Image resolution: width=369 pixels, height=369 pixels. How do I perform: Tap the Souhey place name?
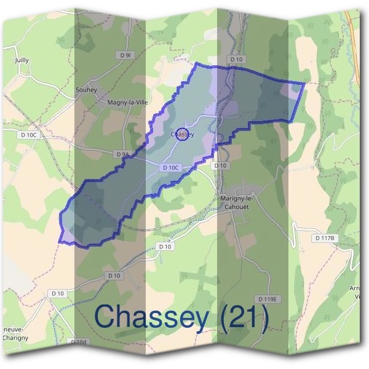tap(86, 90)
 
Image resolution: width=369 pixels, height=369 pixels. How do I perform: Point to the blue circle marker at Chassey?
tap(181, 134)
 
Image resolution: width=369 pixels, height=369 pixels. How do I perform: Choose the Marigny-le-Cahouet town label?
tap(240, 202)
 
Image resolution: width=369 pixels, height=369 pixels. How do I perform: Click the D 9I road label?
tap(126, 55)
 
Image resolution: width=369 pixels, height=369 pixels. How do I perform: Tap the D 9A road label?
tap(122, 154)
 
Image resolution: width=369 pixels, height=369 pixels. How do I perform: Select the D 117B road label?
tap(324, 238)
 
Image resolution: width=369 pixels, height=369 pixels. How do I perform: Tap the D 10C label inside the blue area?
tap(172, 167)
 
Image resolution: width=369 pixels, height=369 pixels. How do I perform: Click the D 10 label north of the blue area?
tap(236, 60)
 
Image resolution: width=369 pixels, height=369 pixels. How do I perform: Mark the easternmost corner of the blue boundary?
tap(304, 82)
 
